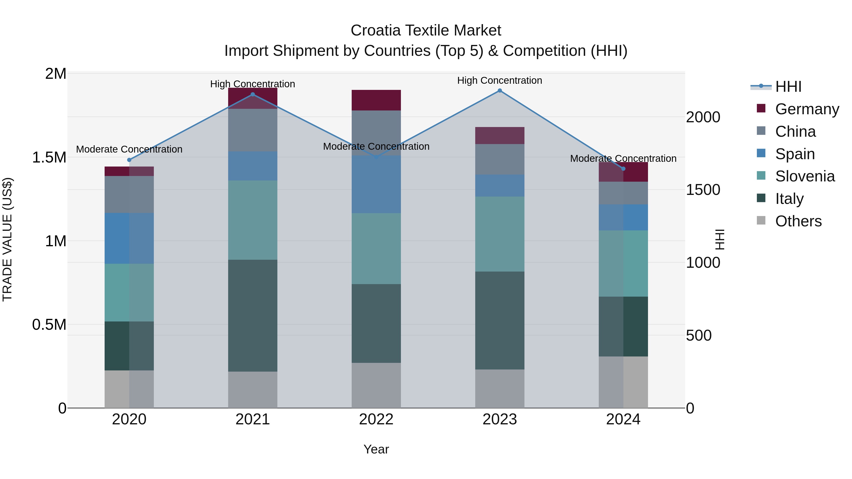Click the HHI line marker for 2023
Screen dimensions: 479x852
500,91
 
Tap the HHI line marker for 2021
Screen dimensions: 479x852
253,95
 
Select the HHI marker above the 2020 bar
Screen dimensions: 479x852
129,160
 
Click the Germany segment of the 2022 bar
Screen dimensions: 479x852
376,100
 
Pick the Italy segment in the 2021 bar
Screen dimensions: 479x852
253,316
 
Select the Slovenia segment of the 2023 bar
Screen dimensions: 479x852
500,234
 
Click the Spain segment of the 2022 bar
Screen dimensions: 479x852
376,185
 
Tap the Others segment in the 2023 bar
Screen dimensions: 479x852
500,389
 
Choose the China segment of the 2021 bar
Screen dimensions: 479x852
253,130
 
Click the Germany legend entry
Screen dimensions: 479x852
807,109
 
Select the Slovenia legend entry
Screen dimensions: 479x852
805,176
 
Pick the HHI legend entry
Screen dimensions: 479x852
788,87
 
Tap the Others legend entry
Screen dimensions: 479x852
798,221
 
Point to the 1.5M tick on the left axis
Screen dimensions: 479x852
49,157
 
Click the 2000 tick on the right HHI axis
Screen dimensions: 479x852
703,117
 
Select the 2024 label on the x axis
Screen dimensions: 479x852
623,419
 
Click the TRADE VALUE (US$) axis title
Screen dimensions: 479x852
7,239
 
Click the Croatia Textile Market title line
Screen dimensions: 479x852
426,31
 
